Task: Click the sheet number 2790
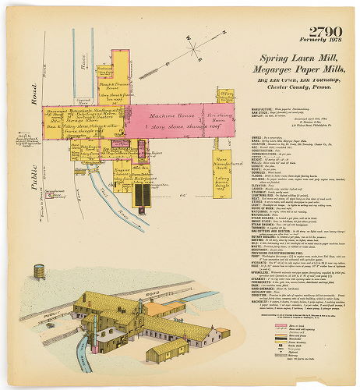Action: pos(324,32)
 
